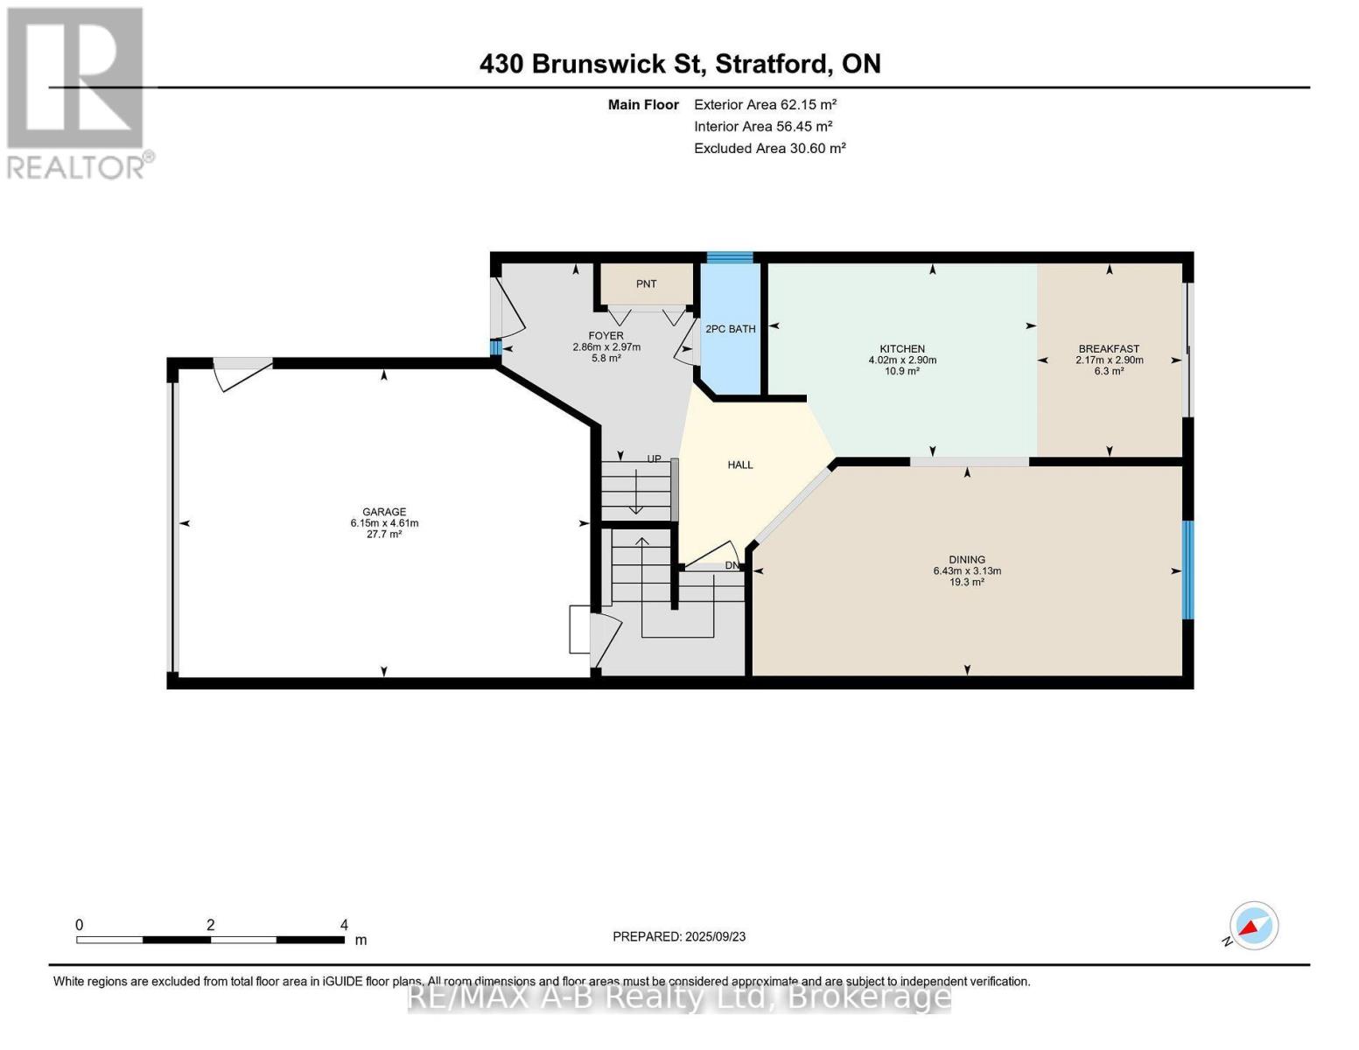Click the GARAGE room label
384,512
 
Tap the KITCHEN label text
902,349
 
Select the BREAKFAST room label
1109,349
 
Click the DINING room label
967,560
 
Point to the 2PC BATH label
731,329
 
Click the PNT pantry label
647,283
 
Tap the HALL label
740,465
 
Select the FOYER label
606,336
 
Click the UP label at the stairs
654,458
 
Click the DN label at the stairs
732,565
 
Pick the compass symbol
1253,926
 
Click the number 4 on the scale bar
344,925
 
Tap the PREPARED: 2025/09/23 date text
679,936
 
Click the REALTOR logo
77,92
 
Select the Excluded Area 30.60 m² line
769,149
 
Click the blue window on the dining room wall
1187,570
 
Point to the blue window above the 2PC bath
730,257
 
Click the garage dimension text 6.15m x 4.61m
384,523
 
